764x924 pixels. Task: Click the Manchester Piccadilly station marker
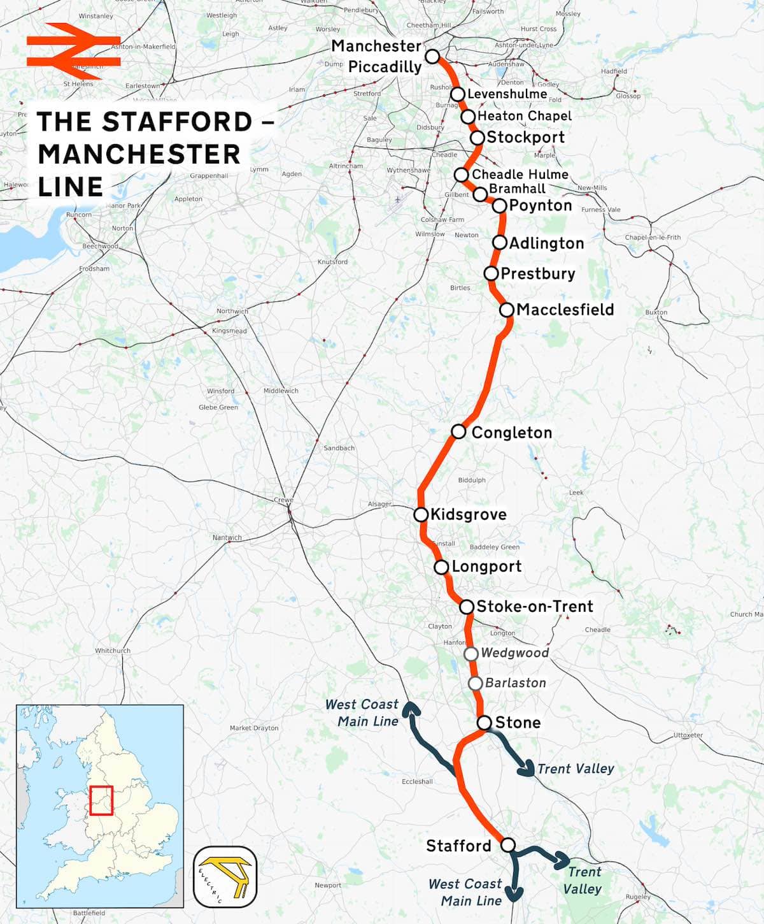point(432,56)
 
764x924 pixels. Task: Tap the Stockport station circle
point(478,138)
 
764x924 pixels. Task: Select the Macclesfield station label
point(565,310)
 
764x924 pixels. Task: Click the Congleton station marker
point(458,431)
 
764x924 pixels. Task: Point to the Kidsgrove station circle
point(421,514)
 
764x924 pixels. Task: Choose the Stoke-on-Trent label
point(534,606)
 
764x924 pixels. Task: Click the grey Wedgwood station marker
point(470,653)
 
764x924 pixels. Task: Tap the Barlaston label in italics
point(515,682)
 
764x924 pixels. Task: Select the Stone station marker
point(485,722)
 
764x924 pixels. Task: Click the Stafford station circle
point(507,845)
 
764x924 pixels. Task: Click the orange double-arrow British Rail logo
point(73,52)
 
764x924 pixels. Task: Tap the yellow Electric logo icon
point(225,877)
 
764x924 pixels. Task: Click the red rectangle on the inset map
point(101,800)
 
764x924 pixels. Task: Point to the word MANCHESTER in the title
point(139,154)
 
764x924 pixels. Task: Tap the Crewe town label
point(283,500)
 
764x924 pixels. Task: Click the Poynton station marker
point(499,205)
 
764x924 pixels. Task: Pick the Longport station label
point(486,567)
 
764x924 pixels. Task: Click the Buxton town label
point(656,312)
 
